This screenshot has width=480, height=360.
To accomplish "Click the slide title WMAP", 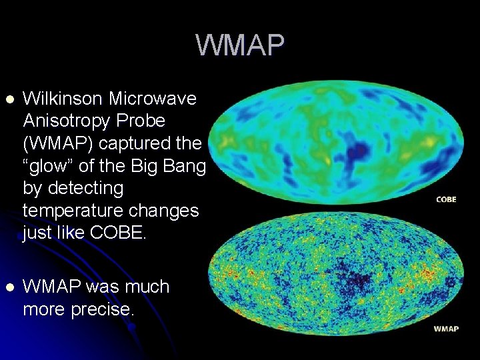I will [240, 45].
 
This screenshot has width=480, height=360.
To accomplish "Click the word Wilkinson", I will [62, 99].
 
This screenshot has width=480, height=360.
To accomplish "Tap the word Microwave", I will [153, 99].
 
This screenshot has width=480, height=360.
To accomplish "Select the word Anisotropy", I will [65, 121].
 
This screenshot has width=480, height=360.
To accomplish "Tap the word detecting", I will [83, 189].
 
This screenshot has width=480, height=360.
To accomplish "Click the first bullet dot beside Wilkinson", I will [9, 99].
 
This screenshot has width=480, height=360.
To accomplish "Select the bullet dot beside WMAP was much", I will [9, 287].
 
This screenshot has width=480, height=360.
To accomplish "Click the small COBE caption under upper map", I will [446, 199].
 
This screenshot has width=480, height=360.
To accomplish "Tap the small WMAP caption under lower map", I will [446, 329].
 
